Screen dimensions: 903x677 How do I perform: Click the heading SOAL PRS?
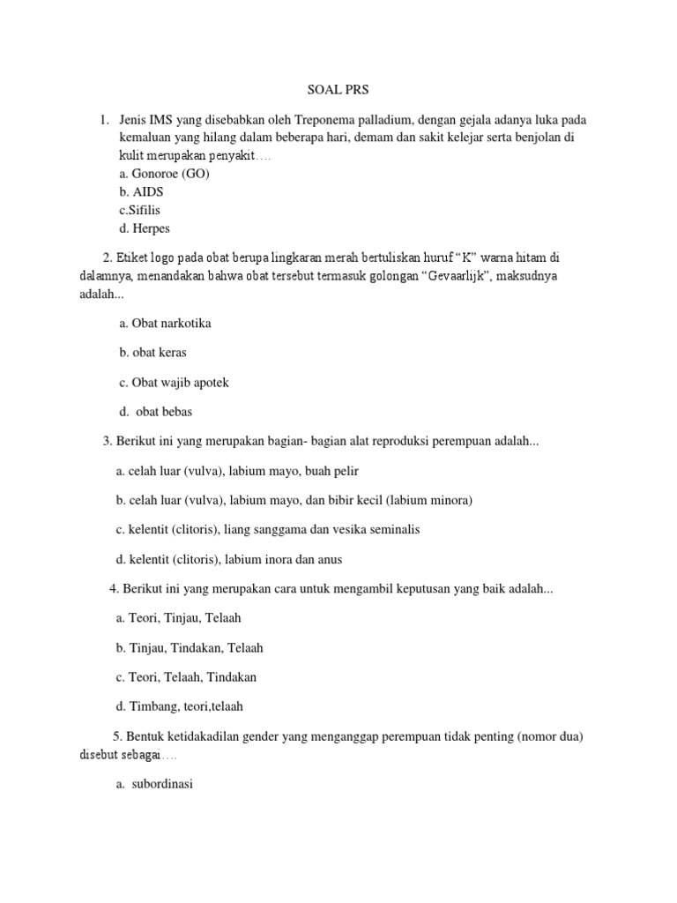tap(338, 89)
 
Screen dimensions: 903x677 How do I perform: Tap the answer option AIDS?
tap(142, 191)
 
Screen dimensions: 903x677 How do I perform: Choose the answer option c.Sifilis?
tap(140, 210)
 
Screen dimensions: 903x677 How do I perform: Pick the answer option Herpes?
tap(145, 228)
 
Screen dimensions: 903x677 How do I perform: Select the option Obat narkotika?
tap(165, 324)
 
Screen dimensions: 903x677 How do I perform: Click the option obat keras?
tap(153, 353)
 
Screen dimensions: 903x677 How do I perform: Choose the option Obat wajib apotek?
tap(174, 383)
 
